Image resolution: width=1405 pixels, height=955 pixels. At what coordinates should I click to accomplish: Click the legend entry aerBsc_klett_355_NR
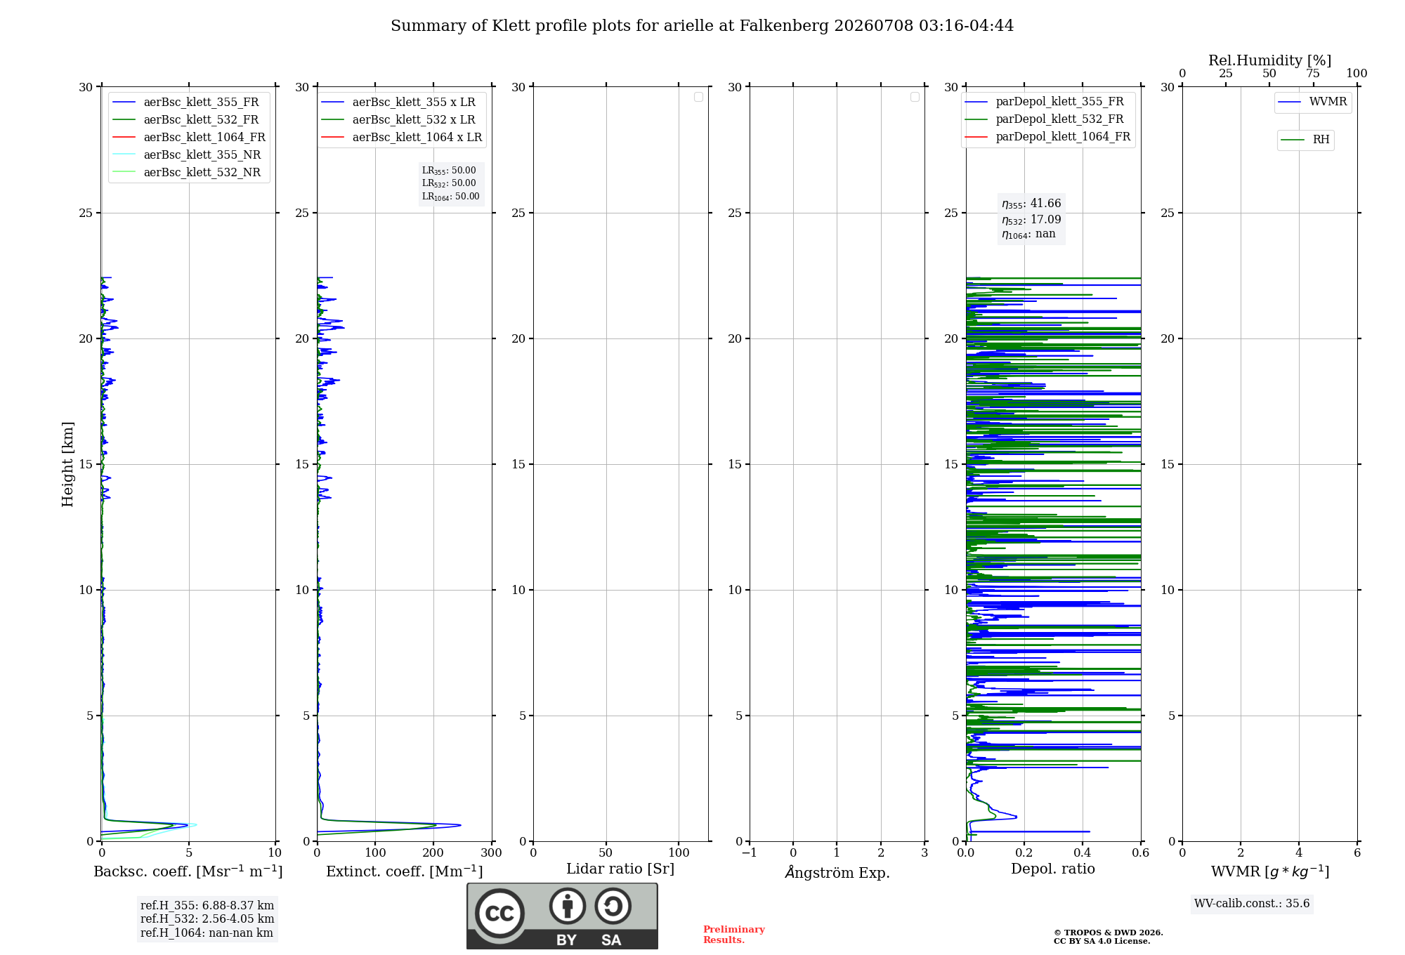[x=186, y=154]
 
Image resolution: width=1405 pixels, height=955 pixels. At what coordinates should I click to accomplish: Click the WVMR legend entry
[x=1312, y=102]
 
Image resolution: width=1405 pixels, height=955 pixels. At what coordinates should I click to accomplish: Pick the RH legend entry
[x=1305, y=140]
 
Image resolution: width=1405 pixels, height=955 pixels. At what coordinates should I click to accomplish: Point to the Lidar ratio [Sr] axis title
[x=620, y=869]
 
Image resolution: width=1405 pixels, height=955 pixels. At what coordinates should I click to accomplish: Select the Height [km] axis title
[x=67, y=464]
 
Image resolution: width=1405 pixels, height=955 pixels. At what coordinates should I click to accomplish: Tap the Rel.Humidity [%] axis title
[x=1270, y=60]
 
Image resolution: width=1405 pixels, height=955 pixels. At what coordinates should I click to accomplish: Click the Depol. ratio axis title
[x=1053, y=869]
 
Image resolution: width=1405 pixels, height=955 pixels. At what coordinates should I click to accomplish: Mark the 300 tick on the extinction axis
[x=492, y=852]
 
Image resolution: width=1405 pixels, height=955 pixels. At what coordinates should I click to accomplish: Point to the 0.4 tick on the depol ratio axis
[x=1083, y=852]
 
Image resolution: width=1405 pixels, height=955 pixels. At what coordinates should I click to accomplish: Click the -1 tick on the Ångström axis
[x=750, y=852]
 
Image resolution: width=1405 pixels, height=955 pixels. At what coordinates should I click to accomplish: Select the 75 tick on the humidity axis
[x=1313, y=73]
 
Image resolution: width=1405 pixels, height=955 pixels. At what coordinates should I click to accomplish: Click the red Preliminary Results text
[x=734, y=935]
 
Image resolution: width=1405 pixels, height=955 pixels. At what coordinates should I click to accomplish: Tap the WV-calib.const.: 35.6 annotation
[x=1252, y=904]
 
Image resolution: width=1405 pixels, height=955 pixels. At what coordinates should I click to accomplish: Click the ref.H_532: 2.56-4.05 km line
[x=207, y=918]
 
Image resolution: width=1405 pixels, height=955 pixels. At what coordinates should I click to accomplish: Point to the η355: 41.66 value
[x=1031, y=204]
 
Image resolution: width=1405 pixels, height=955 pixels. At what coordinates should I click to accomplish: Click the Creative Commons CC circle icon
[x=499, y=914]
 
